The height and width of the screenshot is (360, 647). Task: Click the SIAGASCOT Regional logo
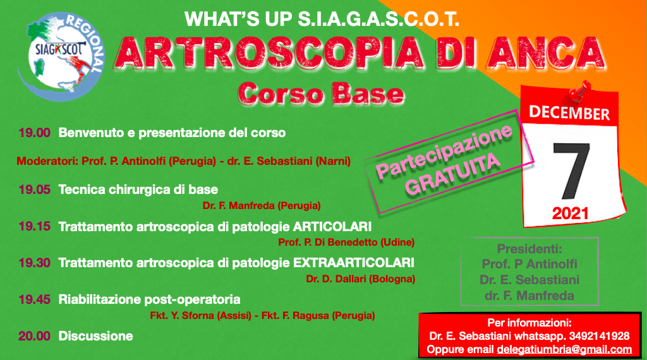61,56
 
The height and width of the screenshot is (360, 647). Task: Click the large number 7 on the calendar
571,171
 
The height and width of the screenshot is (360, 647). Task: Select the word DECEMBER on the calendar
569,113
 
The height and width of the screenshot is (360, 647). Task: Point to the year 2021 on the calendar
570,213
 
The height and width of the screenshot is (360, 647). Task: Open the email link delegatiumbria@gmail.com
564,350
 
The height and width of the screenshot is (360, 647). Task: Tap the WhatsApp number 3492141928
599,336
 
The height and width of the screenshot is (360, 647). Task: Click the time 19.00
34,133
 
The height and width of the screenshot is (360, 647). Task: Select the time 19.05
34,189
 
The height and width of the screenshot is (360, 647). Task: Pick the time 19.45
34,299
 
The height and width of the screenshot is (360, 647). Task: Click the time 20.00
34,336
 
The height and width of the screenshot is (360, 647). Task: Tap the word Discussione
96,336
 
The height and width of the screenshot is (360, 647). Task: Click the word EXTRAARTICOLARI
354,263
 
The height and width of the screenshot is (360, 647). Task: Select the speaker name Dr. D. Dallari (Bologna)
360,279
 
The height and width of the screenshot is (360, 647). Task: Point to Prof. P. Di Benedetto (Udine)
346,243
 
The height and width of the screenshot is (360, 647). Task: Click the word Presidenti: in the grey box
529,249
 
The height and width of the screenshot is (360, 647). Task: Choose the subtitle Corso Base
320,95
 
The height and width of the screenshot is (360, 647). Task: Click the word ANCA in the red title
545,53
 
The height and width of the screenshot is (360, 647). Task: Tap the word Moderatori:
47,161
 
